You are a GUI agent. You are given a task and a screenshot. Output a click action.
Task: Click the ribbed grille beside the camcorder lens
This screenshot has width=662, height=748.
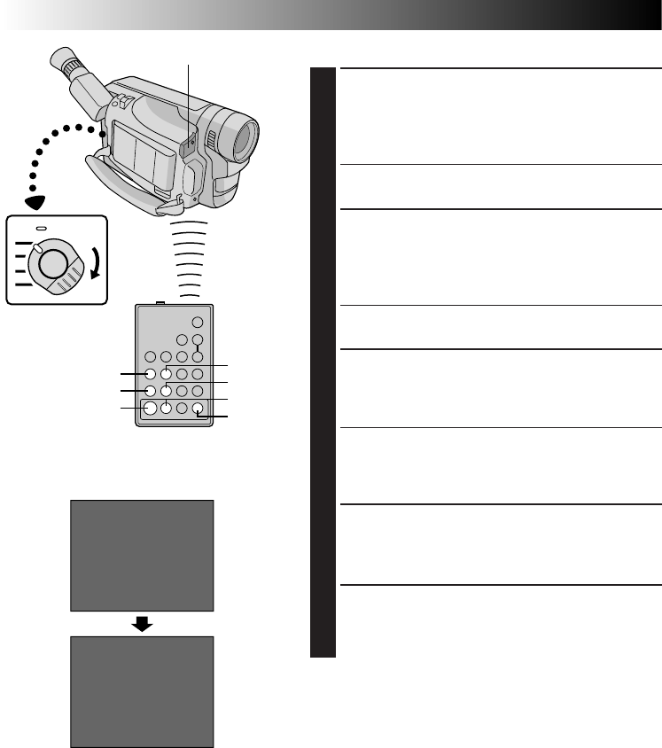(x=211, y=139)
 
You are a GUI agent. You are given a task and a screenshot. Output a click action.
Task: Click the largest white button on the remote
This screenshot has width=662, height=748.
(x=151, y=409)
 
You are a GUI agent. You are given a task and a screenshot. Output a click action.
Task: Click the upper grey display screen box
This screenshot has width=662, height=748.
(x=143, y=556)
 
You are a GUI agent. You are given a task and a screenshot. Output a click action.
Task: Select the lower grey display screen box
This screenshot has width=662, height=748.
(x=143, y=691)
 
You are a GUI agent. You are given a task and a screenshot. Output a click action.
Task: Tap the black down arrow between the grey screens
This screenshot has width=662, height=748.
(x=143, y=624)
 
